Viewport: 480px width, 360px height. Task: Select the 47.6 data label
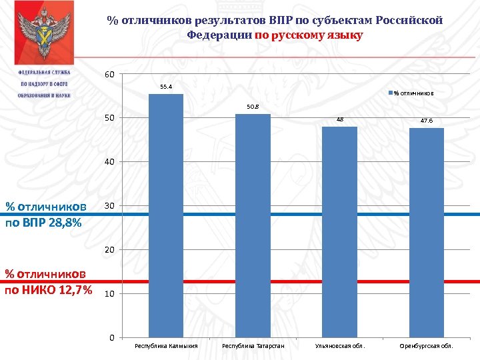[426, 121]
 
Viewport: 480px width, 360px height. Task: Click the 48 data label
[339, 119]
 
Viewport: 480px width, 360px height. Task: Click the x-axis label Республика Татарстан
[253, 347]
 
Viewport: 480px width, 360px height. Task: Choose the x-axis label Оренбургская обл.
[426, 347]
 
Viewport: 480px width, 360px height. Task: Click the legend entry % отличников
[413, 93]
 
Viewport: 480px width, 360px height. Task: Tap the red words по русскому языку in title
[309, 35]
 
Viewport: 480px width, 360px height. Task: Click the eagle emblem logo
[44, 33]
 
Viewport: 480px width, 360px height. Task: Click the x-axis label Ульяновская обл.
[340, 347]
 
